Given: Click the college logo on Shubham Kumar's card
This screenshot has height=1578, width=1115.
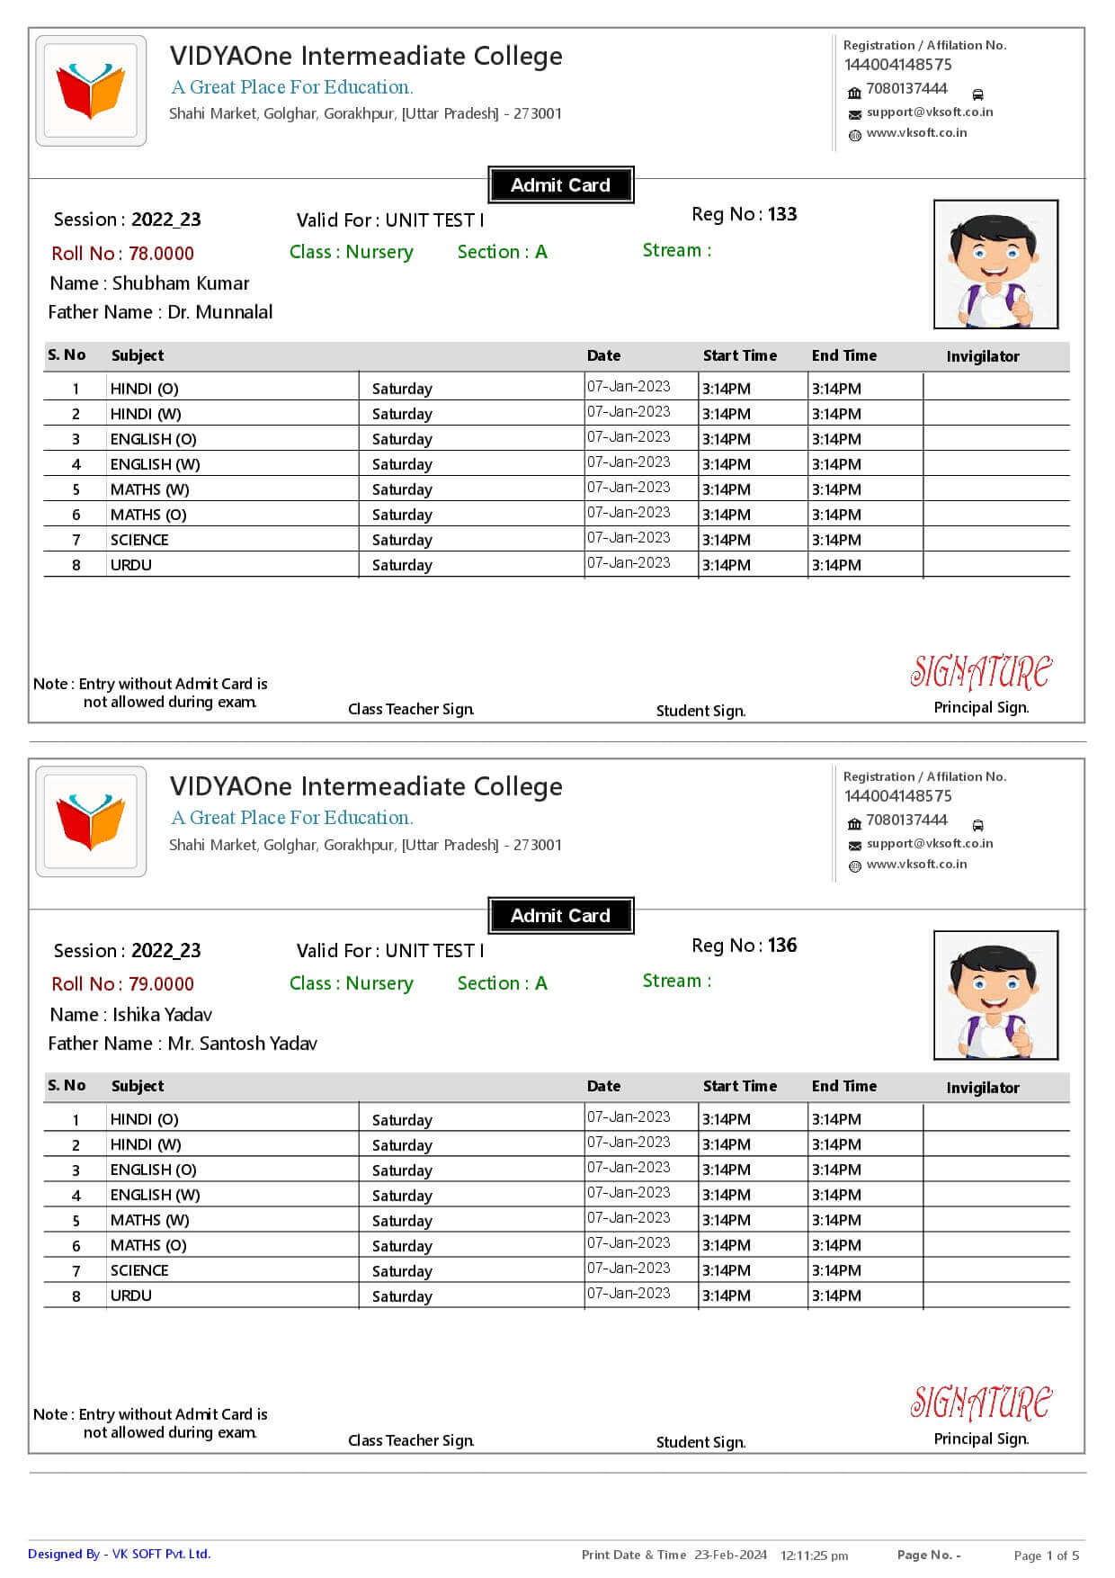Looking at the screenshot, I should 91,91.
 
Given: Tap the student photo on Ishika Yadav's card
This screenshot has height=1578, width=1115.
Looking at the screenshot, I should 995,995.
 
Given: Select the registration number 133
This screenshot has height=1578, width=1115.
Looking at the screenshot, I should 781,214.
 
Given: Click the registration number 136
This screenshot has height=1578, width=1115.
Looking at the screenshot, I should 781,946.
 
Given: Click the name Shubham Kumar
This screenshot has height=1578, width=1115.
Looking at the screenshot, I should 180,283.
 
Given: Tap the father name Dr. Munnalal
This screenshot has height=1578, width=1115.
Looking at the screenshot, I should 219,312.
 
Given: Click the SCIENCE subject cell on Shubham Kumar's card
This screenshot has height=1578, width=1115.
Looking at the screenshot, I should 139,540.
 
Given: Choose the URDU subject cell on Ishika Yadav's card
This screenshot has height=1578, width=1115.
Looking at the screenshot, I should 131,1296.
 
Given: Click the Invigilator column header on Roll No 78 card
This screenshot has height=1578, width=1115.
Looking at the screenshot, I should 982,356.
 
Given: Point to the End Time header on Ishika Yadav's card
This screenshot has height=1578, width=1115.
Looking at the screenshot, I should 843,1086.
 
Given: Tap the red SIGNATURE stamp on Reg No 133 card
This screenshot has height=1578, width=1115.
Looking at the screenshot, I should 980,672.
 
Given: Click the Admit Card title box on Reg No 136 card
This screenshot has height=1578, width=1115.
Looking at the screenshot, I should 560,916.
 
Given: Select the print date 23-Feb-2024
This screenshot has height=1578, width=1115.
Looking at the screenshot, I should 730,1555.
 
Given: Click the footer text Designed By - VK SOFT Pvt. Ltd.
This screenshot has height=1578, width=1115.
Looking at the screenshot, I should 119,1554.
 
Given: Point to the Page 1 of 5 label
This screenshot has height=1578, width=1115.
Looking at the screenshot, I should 1046,1556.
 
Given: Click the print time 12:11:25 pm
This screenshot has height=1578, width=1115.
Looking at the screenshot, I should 814,1556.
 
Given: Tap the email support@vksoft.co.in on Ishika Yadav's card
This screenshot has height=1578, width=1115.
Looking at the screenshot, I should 929,844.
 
